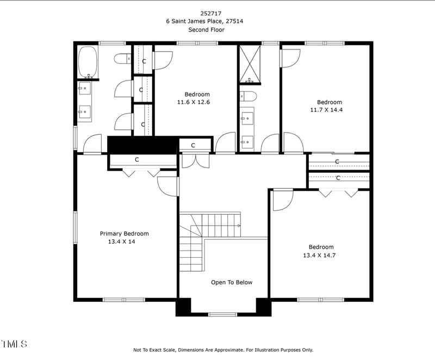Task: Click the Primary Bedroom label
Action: (124, 234)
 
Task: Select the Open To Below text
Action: (232, 282)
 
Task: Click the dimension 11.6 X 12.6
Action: (193, 102)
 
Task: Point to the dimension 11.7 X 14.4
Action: (330, 110)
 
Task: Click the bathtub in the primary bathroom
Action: (88, 61)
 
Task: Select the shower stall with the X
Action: (250, 64)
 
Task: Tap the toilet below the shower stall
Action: (248, 97)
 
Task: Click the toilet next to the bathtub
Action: (123, 58)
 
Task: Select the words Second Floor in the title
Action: (206, 30)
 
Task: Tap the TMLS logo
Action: (14, 344)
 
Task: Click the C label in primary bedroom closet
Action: (137, 160)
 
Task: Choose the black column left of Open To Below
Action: (183, 307)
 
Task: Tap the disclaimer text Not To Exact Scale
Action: (158, 350)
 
